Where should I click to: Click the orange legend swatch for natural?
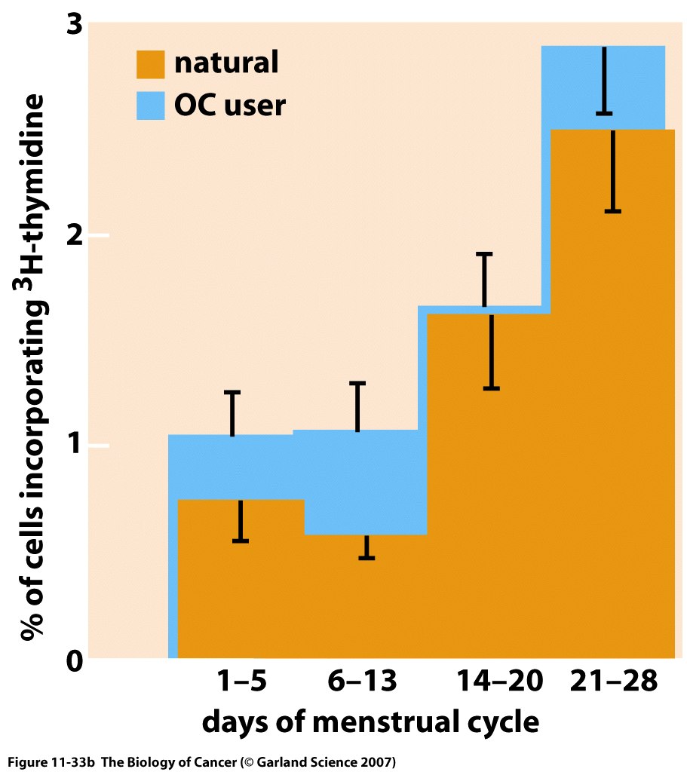coord(150,64)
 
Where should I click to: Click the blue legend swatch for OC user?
coord(150,104)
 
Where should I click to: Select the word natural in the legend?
coord(226,63)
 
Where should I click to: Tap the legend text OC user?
coord(230,105)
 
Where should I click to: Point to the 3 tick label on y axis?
coord(74,26)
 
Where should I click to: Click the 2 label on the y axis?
coord(74,236)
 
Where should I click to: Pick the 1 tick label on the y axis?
coord(75,446)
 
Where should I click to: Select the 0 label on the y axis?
coord(74,660)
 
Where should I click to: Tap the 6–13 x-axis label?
coord(361,682)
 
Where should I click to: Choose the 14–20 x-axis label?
coord(498,682)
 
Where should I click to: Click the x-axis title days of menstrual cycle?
coord(370,721)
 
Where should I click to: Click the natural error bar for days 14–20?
coord(492,351)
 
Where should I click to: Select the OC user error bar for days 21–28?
coord(604,81)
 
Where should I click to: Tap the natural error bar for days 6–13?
coord(367,547)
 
